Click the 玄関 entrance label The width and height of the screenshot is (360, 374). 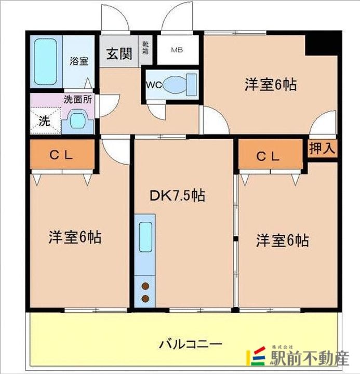click(119, 54)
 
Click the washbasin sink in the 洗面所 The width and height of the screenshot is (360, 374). click(78, 121)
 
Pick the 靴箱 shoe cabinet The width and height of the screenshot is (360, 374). click(145, 50)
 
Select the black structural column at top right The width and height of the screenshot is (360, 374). click(323, 43)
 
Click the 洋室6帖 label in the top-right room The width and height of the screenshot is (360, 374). click(271, 84)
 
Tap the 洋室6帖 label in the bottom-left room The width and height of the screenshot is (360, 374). click(75, 237)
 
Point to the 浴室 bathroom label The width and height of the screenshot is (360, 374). click(79, 61)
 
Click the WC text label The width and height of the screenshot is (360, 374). click(153, 85)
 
